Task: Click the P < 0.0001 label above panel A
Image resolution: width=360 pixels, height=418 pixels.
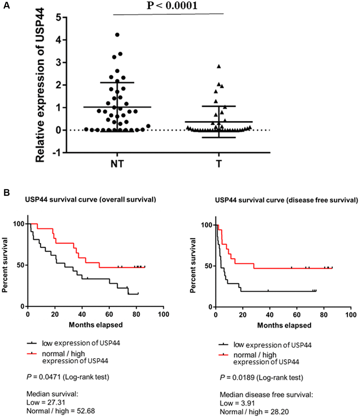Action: tap(172, 6)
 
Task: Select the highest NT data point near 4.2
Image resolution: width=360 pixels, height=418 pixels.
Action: tap(118, 35)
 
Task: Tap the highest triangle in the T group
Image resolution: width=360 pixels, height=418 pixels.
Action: tap(219, 66)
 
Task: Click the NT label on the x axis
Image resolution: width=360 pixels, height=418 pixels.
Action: tap(117, 164)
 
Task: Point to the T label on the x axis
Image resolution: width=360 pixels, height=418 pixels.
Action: tap(219, 164)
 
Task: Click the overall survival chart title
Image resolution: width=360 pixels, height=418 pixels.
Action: tap(90, 200)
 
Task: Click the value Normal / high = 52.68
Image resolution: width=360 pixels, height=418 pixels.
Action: tap(61, 411)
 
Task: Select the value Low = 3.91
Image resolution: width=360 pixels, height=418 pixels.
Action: tap(236, 404)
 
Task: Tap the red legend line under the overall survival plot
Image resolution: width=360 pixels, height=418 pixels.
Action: tap(32, 353)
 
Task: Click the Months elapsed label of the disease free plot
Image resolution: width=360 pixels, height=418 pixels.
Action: tap(284, 325)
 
